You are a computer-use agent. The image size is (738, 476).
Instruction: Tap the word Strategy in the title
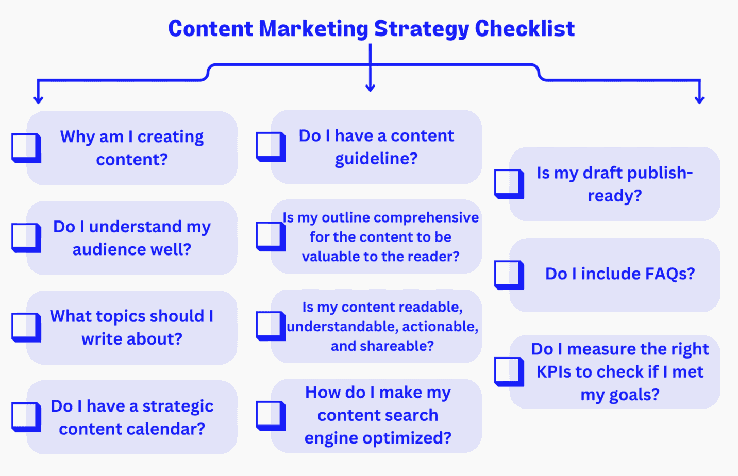click(421, 29)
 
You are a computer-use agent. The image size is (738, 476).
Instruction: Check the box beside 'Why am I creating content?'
click(26, 148)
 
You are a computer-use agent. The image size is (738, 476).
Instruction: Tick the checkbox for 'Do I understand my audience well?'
click(26, 237)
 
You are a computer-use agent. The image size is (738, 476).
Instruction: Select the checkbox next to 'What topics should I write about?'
click(26, 327)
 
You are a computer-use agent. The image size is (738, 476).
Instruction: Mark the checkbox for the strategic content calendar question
click(26, 417)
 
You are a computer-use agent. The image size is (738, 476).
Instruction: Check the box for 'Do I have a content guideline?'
click(270, 146)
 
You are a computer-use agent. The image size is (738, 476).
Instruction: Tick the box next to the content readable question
click(270, 326)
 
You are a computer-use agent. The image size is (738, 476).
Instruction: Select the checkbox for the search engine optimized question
click(270, 415)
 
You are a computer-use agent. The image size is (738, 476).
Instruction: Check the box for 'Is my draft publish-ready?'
click(509, 184)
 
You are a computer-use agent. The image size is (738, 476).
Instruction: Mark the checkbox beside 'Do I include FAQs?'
click(509, 275)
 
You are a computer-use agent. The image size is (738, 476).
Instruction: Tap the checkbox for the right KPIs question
click(509, 371)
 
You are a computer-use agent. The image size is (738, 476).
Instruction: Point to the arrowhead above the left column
click(38, 99)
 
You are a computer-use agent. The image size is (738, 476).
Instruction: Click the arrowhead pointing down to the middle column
click(370, 88)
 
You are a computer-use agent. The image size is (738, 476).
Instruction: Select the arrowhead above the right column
click(699, 99)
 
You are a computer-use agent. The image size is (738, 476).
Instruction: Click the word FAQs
click(669, 274)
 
